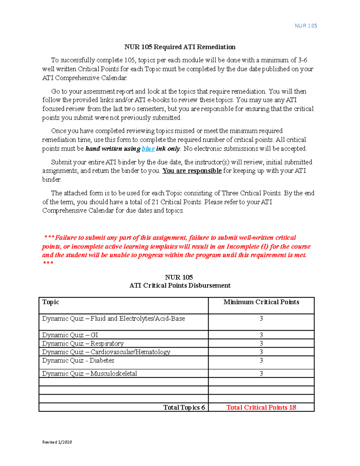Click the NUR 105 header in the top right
[x=305, y=26]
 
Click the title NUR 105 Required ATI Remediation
[x=180, y=47]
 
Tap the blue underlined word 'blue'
[x=148, y=149]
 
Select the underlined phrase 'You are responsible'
[x=192, y=171]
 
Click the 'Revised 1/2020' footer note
[x=57, y=442]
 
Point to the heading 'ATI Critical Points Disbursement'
[x=180, y=285]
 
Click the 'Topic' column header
[x=51, y=302]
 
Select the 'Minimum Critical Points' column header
[x=261, y=302]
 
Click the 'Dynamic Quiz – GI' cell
[x=70, y=335]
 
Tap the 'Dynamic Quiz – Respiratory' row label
[x=83, y=343]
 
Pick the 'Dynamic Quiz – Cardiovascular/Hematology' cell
[x=106, y=352]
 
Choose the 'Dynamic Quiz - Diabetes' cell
[x=78, y=360]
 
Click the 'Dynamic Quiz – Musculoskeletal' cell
[x=89, y=374]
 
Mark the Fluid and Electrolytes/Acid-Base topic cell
[x=113, y=319]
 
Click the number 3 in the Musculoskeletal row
[x=261, y=374]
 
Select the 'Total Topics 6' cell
[x=184, y=407]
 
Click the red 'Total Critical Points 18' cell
[x=261, y=407]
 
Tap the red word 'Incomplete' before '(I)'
[x=243, y=247]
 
